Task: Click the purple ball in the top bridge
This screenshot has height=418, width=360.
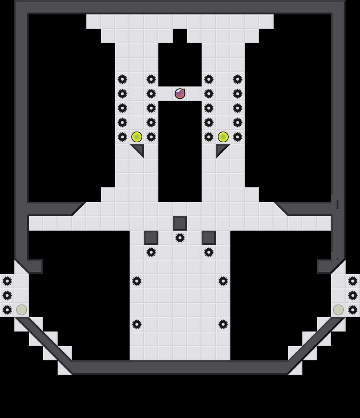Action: (x=180, y=94)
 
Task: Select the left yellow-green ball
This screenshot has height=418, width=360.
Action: (x=137, y=137)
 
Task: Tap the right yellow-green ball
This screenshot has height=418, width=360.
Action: (x=223, y=137)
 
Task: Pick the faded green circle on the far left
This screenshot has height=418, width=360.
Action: (x=22, y=310)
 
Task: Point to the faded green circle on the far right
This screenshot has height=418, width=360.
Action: (x=338, y=310)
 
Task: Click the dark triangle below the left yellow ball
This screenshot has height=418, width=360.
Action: (x=139, y=149)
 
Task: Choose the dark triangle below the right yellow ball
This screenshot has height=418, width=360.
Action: (x=221, y=149)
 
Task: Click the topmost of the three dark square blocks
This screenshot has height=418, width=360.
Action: (x=180, y=223)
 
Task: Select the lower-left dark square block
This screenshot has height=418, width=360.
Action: (x=151, y=238)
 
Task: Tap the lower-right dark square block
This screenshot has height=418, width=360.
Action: (x=209, y=238)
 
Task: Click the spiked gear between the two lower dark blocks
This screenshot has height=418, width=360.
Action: (x=180, y=238)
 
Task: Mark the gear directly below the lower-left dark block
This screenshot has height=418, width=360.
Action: (x=151, y=252)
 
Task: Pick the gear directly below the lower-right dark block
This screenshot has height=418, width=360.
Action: (x=209, y=252)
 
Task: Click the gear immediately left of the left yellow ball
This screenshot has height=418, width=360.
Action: (x=122, y=137)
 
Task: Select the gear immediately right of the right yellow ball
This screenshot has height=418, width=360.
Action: (x=238, y=137)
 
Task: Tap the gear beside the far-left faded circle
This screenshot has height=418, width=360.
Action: (x=7, y=310)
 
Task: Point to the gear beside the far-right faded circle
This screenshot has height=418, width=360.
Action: (x=353, y=310)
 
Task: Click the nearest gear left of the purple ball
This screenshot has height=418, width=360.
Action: (x=151, y=94)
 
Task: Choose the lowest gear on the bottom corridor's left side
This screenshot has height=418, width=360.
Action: (x=137, y=324)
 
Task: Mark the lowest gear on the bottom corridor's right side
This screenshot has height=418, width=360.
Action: (x=223, y=324)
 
